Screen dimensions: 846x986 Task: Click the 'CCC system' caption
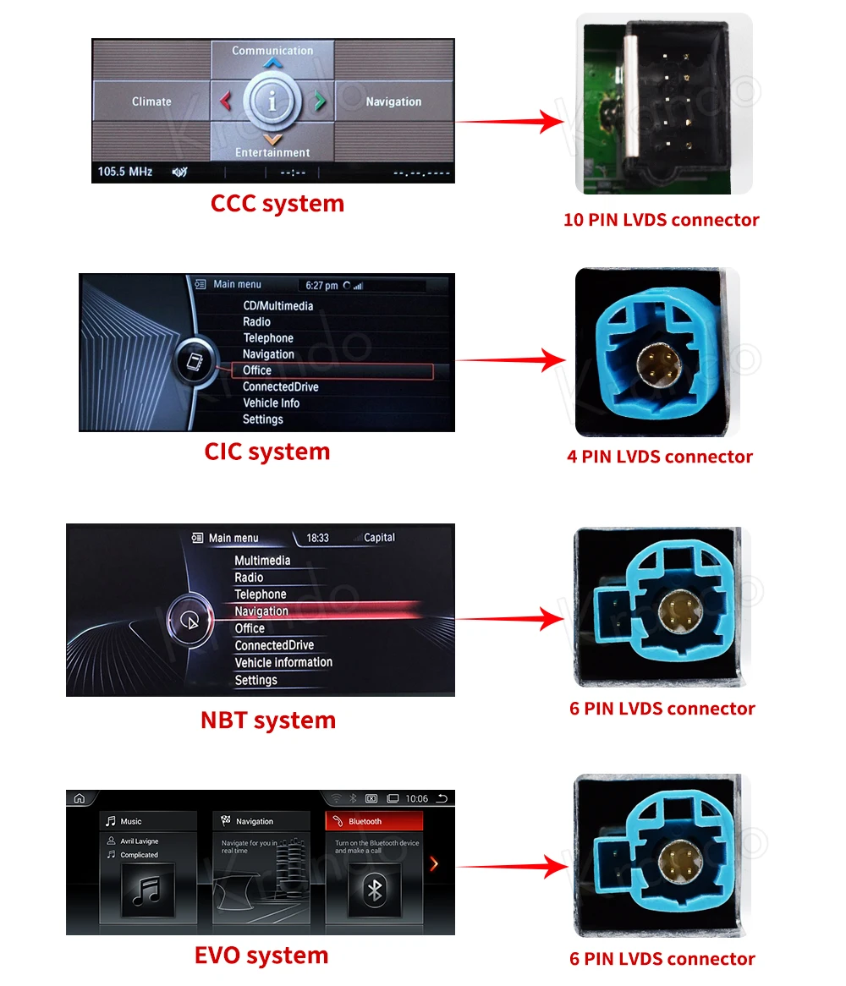[277, 204]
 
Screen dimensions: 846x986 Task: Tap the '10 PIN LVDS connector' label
[661, 220]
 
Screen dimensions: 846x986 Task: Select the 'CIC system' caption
[267, 452]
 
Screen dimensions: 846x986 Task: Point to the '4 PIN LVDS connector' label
[660, 457]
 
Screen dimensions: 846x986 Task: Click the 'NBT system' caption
[268, 720]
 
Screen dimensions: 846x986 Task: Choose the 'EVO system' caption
[261, 956]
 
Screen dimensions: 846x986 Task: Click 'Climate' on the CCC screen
[151, 101]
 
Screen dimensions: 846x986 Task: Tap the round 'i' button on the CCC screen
[272, 101]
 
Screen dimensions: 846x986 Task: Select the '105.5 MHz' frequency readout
[125, 171]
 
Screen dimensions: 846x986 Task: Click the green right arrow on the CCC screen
[320, 101]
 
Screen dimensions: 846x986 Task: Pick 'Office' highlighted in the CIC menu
[257, 370]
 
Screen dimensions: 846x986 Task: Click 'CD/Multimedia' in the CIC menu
[278, 305]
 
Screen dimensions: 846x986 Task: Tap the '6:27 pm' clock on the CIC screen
[321, 286]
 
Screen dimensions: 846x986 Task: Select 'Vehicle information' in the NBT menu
[283, 662]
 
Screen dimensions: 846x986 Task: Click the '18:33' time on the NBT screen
[317, 538]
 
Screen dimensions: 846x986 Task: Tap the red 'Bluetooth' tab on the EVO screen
[374, 821]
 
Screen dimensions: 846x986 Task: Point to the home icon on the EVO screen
[80, 798]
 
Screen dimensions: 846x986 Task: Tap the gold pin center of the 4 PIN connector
[658, 365]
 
